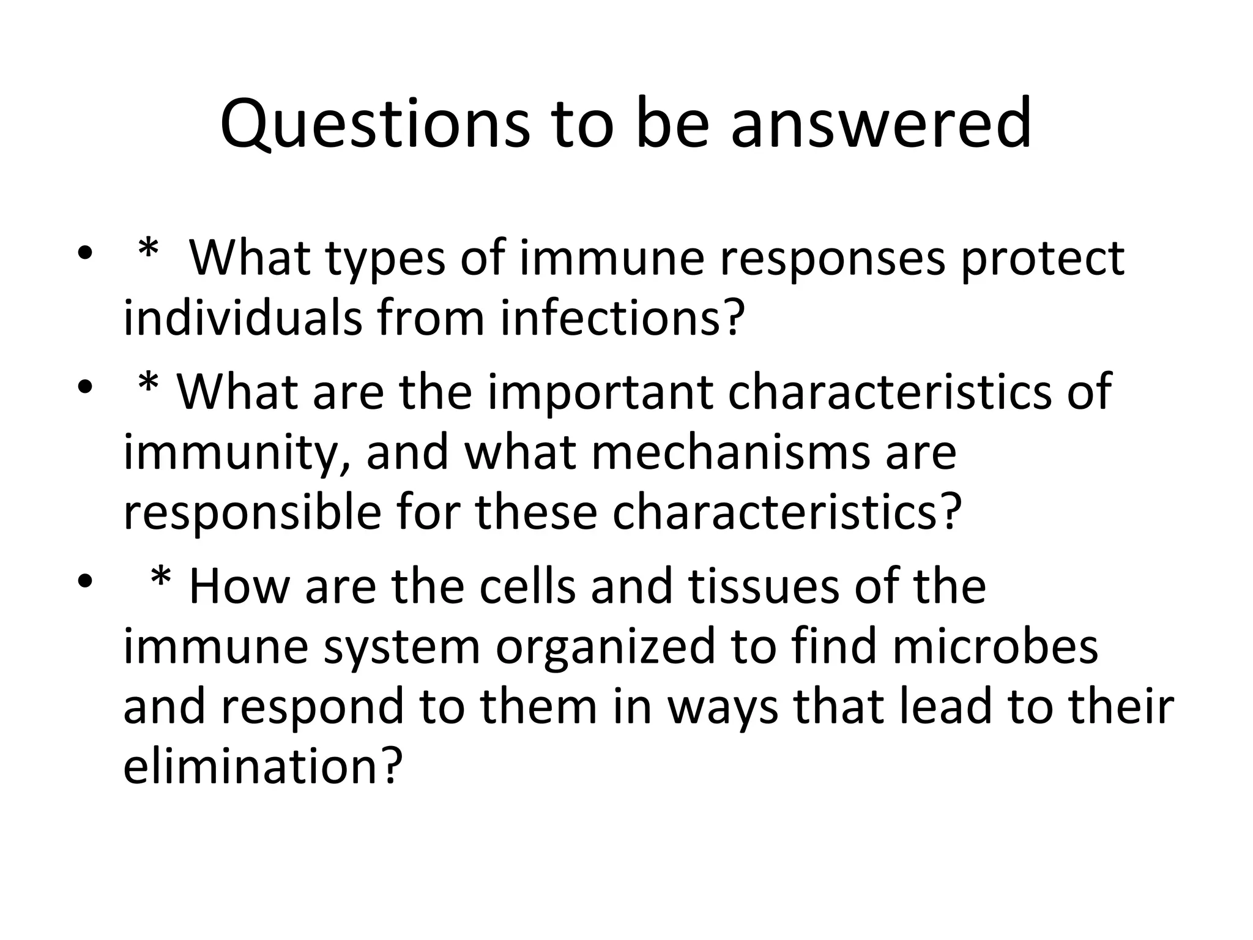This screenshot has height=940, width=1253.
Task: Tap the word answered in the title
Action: tap(880, 125)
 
